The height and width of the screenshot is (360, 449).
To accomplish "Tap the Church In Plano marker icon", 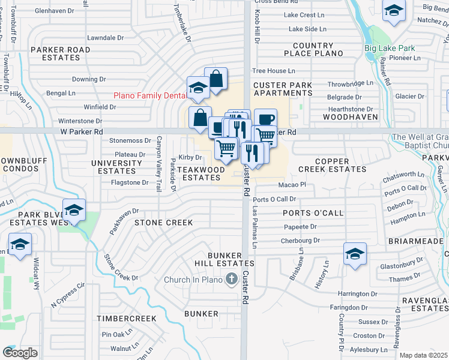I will point(231,279).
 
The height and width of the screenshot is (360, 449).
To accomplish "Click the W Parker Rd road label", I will point(82,131).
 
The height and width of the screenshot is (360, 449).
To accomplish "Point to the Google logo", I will point(20,353).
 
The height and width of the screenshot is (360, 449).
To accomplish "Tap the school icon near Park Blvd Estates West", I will point(74,211).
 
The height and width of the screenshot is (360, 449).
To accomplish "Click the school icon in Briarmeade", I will point(355,254).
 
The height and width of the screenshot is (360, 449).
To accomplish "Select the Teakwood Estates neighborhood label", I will point(202,173).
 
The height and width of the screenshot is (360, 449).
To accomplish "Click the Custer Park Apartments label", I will point(283,89).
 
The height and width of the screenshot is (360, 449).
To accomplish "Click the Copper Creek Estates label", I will point(332,166).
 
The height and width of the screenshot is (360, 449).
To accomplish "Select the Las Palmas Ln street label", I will point(254,229).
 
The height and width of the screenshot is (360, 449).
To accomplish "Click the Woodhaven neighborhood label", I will point(348,117).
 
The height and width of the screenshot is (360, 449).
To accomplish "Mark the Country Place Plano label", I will point(313,50).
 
